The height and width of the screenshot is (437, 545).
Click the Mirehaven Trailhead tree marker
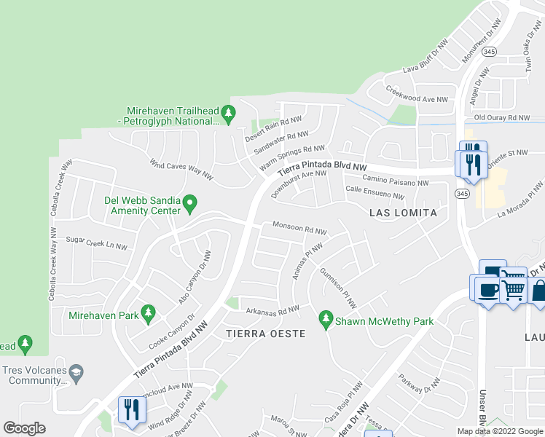pos(229,113)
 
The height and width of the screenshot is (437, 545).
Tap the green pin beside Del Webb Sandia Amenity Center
pos(190,202)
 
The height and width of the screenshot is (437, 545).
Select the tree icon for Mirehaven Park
pos(149,314)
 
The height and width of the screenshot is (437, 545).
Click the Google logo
pos(24,428)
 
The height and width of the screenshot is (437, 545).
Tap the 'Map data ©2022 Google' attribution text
pos(499,431)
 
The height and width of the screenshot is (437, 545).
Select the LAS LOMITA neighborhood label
pos(403,213)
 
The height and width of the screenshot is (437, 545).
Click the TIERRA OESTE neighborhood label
pos(264,333)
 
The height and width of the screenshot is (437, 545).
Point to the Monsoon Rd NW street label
pos(299,228)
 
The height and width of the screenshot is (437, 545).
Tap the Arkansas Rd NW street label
pos(271,310)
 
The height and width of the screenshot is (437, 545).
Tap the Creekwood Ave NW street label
pos(415,97)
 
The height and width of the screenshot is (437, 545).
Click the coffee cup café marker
pos(488,291)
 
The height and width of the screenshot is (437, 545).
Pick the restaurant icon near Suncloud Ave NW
pos(130,409)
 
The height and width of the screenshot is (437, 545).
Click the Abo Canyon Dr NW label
pos(195,277)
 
